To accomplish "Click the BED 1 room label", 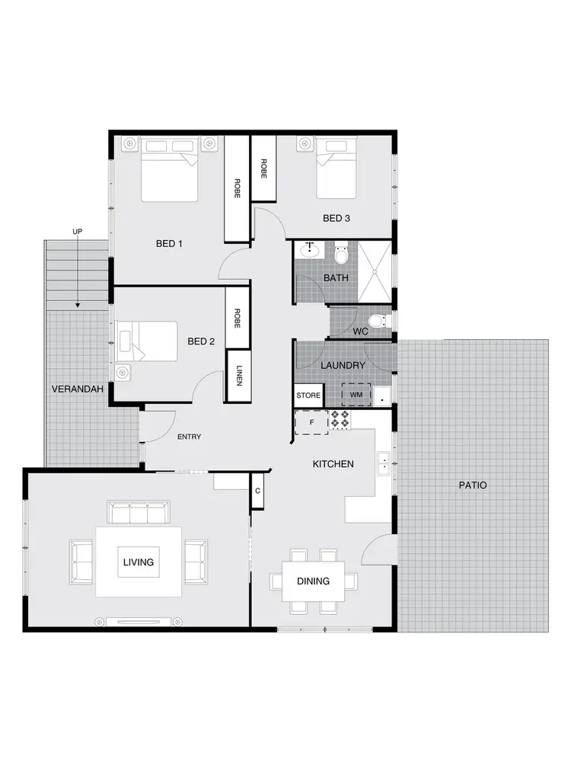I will point(169,244).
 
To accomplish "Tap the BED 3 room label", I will point(336,219).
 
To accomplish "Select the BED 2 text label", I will point(201,342).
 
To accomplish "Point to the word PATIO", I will point(472,485).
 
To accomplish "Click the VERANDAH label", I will point(72,389).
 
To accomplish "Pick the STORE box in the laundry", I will point(308,395).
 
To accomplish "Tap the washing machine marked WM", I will point(356,395).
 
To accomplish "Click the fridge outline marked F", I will point(311,421).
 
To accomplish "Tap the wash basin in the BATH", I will point(310,249).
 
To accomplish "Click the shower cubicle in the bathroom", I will point(374,272).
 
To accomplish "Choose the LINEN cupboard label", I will point(238,374).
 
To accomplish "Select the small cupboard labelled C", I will point(258,491).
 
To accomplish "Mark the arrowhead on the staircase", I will point(77,305).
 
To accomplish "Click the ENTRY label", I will point(189,437).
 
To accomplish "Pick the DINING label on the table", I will point(313,581).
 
